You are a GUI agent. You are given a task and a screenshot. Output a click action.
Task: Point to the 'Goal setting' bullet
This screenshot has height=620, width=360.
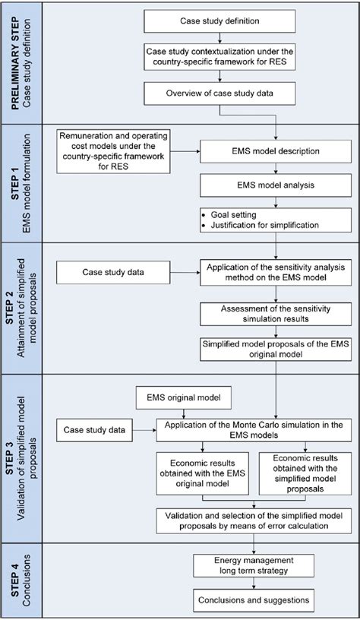228,215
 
